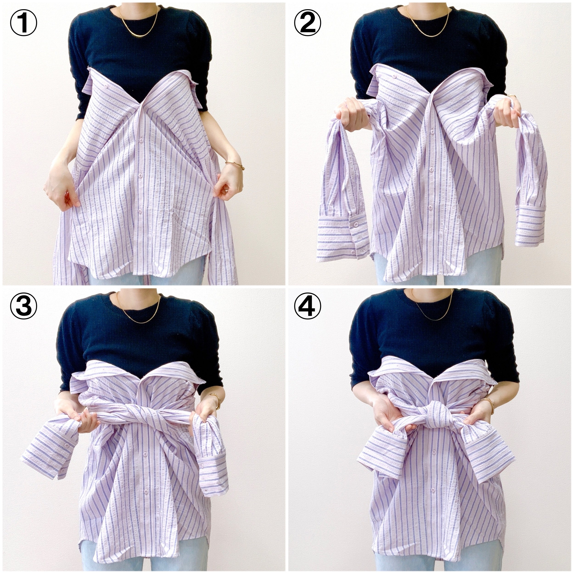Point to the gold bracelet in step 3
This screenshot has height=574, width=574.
click(x=217, y=400)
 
